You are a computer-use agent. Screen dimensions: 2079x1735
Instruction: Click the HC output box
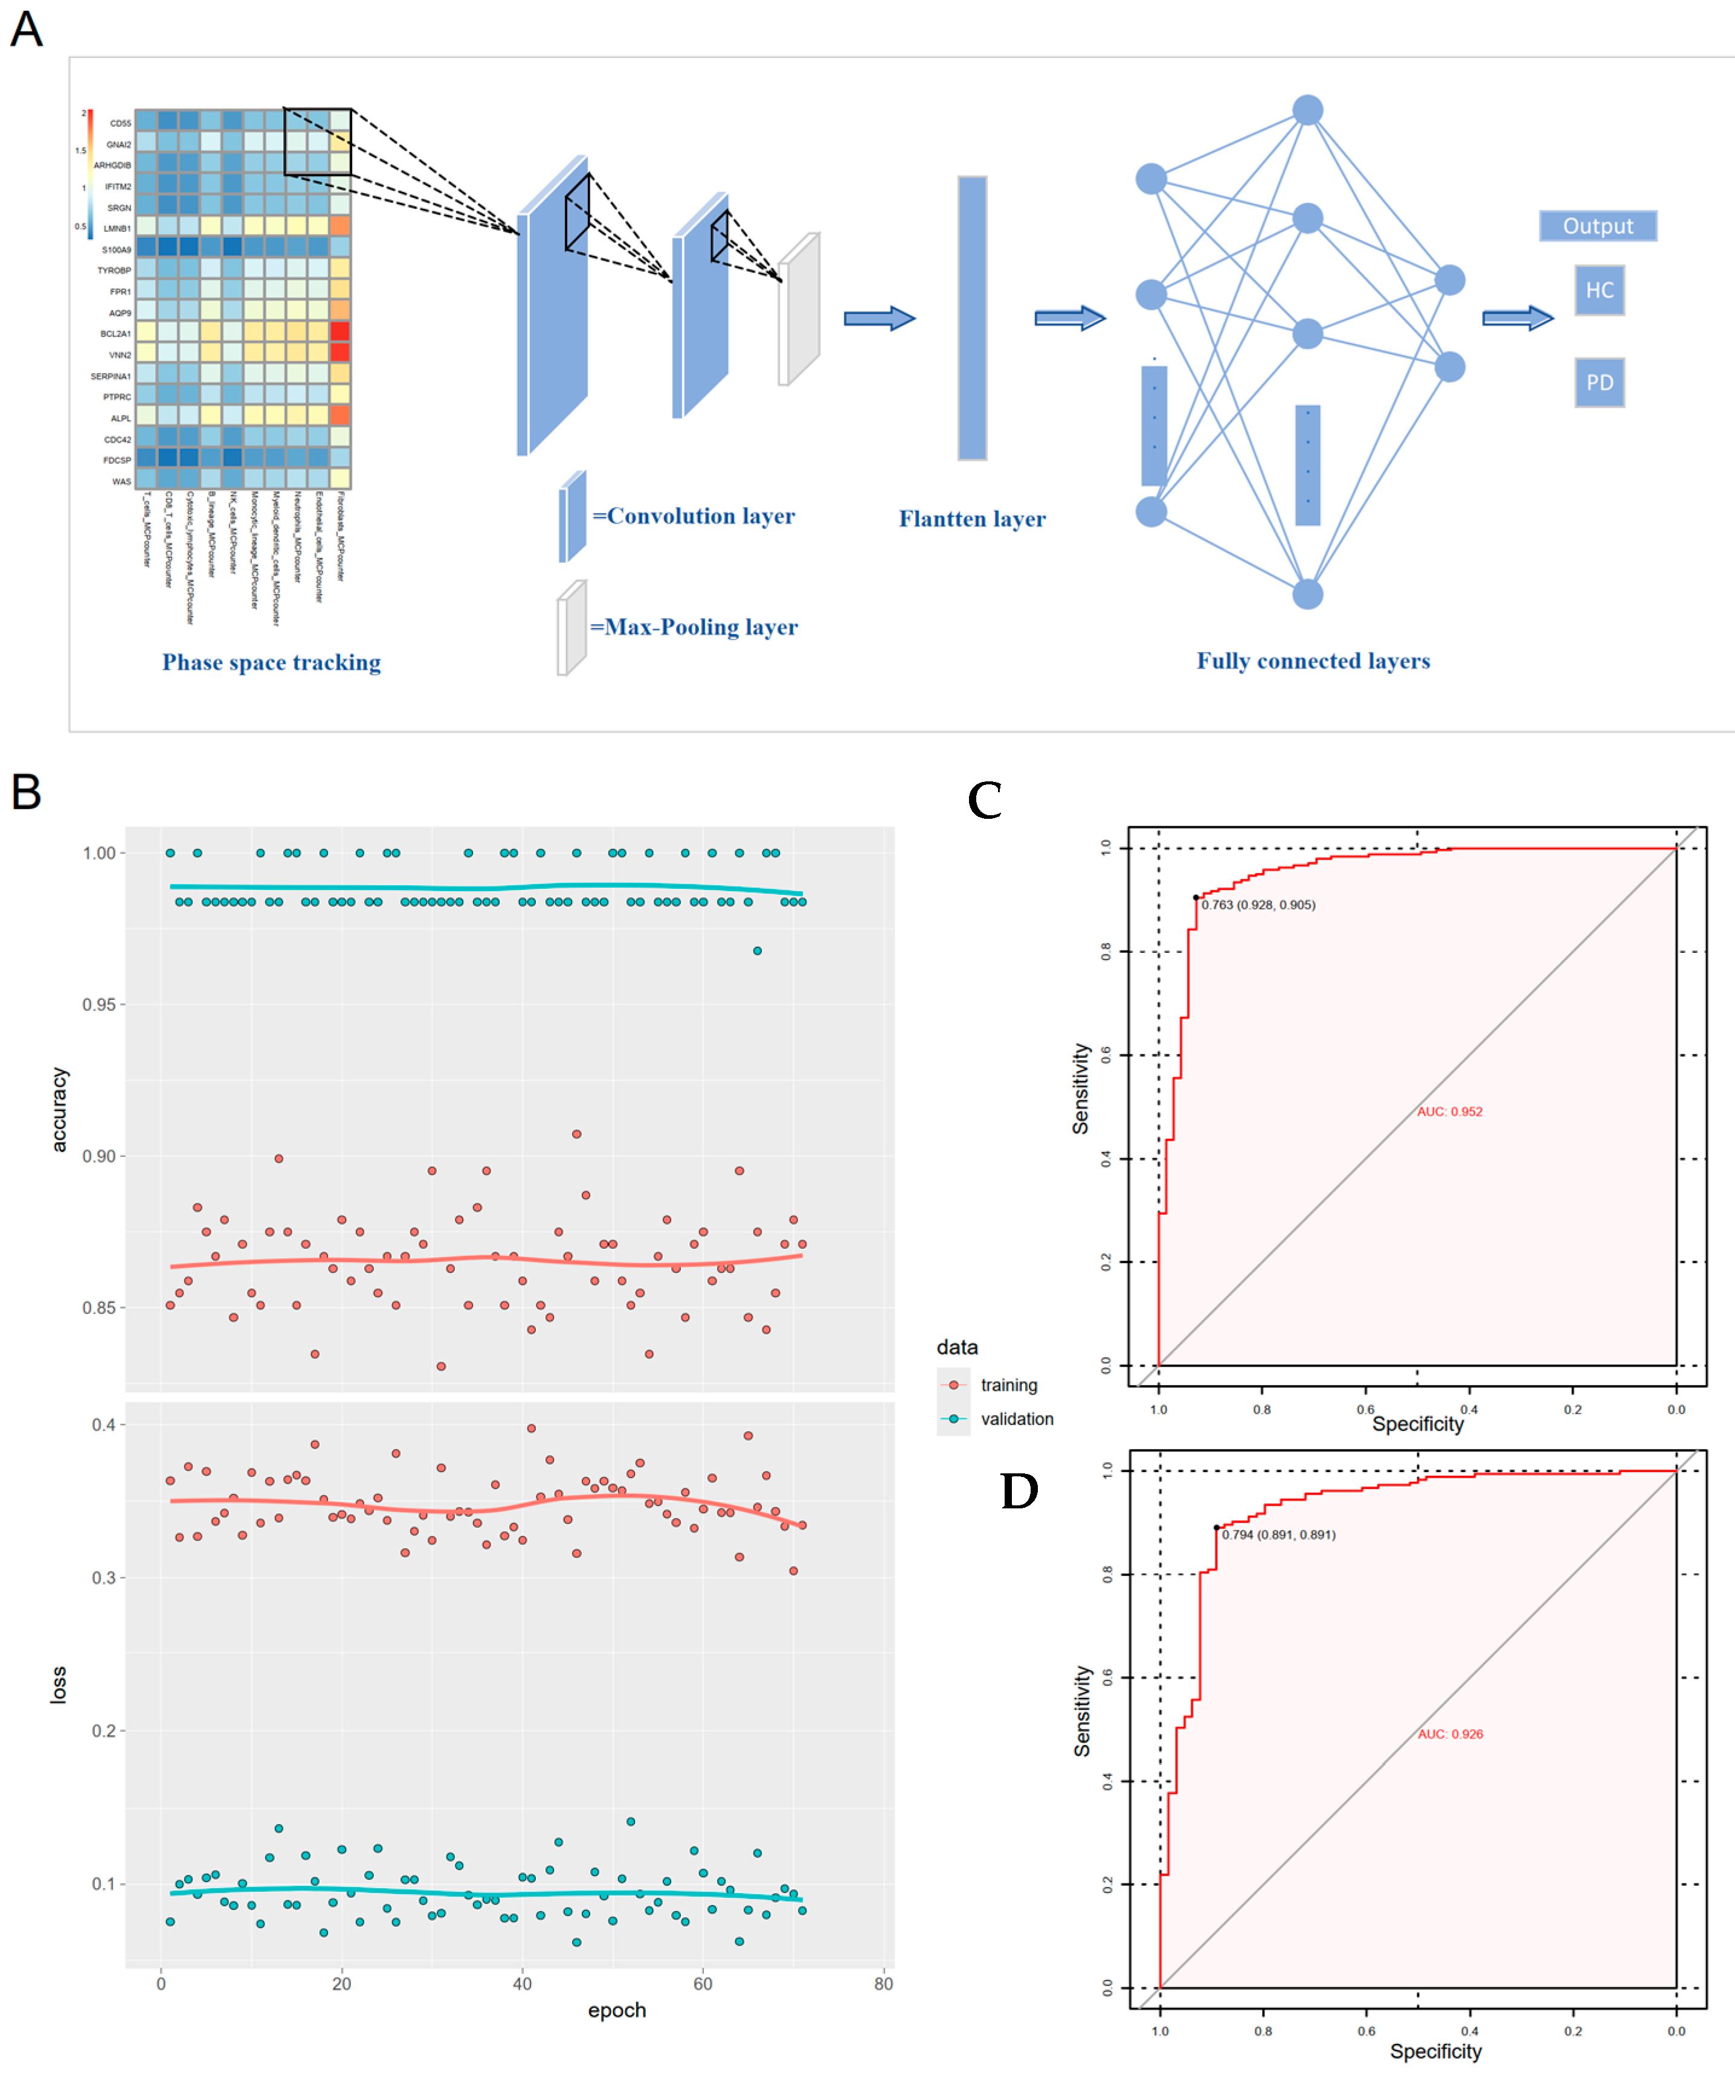(x=1599, y=290)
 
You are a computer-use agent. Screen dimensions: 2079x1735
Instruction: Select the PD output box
(x=1599, y=382)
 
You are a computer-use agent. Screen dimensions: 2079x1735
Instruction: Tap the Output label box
(x=1597, y=226)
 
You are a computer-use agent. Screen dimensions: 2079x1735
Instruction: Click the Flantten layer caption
(x=971, y=519)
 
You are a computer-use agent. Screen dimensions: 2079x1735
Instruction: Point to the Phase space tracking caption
(x=271, y=662)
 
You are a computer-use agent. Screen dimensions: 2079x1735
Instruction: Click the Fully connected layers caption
(x=1313, y=661)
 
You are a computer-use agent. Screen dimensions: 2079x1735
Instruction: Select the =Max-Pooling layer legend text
(x=694, y=627)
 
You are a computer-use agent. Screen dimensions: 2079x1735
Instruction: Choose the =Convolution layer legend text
(x=693, y=516)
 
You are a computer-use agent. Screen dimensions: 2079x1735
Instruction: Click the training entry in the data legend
(x=1008, y=1385)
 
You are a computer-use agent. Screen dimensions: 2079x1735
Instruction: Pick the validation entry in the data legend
(x=1016, y=1418)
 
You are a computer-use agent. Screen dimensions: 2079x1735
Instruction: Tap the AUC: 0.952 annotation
(x=1449, y=1112)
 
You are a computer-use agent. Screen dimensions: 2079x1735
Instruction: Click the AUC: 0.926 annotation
(x=1450, y=1734)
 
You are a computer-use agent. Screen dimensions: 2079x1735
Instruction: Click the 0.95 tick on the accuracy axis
(x=99, y=1005)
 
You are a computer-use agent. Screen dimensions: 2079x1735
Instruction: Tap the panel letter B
(x=27, y=792)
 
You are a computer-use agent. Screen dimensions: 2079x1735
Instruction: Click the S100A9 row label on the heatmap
(x=116, y=249)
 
